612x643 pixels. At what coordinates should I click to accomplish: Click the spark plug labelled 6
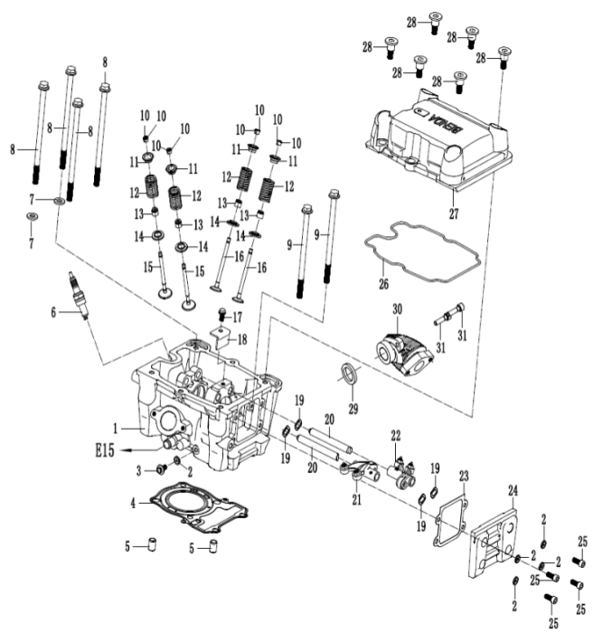tap(80, 293)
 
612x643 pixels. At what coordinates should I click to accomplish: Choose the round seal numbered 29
tap(347, 374)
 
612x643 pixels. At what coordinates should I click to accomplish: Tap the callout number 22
tap(395, 435)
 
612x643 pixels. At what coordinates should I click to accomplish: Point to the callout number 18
tap(241, 338)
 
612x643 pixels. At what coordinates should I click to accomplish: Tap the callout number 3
tap(140, 469)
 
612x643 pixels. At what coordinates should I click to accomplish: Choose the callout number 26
tap(383, 284)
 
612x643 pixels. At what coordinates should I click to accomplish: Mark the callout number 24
tap(513, 490)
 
